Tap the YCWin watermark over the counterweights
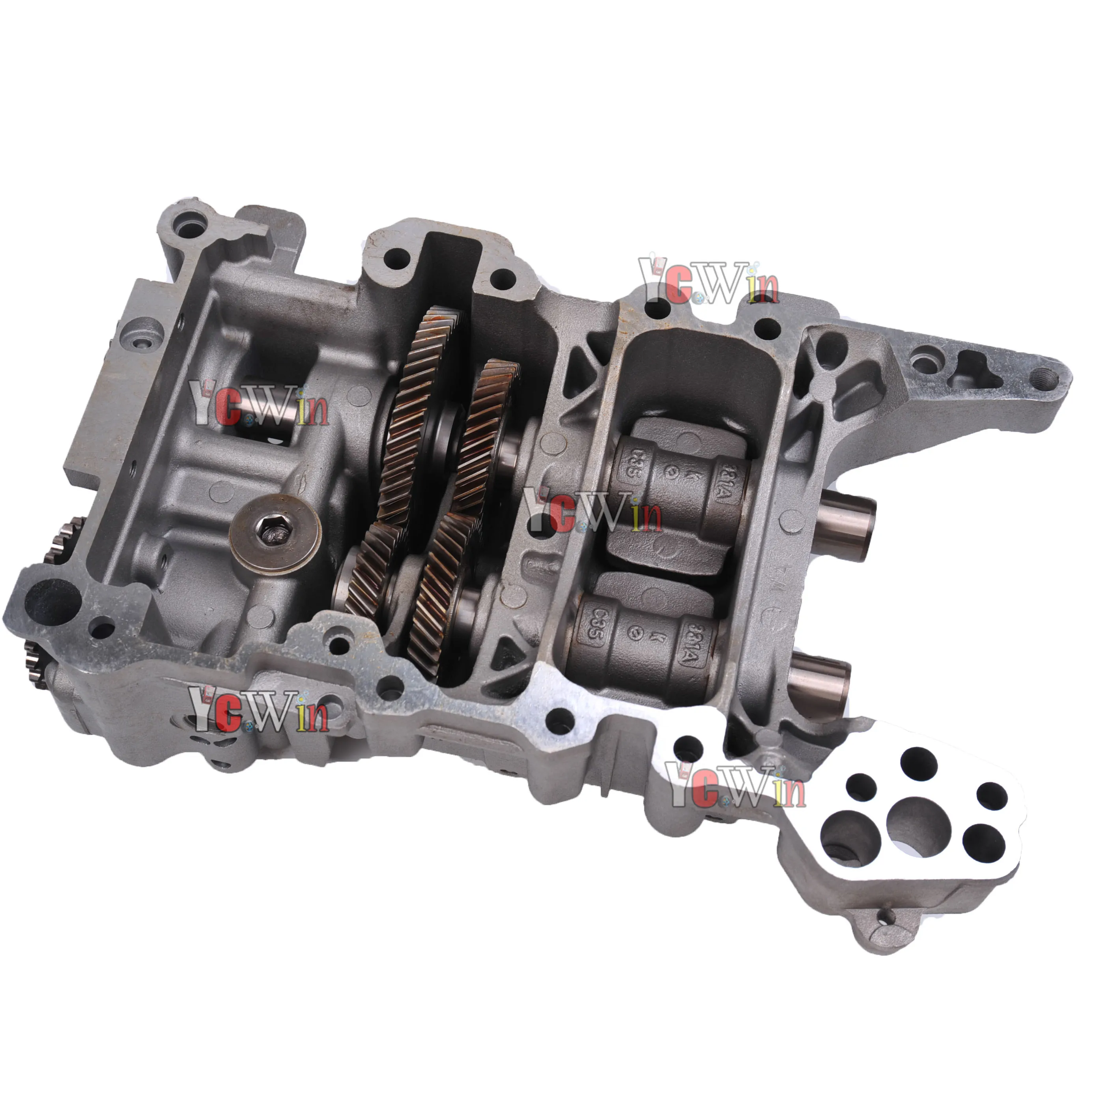[591, 513]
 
